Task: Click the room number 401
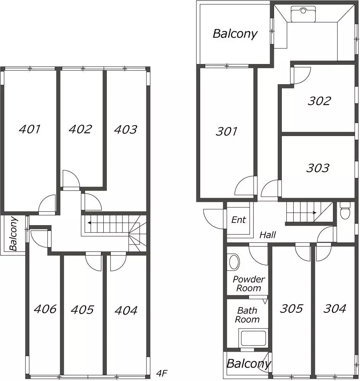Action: [x=30, y=129]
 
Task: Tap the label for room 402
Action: [x=80, y=129]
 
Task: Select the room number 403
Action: [x=125, y=130]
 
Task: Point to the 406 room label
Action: [x=45, y=309]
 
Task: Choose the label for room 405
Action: [x=82, y=310]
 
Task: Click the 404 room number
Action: [x=126, y=311]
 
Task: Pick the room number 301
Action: [x=227, y=131]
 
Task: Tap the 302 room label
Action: [x=319, y=101]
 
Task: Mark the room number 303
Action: [x=318, y=168]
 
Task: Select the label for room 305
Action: [x=291, y=309]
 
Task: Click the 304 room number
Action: [x=335, y=309]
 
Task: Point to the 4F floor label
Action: [x=162, y=373]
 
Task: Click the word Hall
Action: [x=268, y=235]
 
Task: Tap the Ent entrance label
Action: [x=238, y=220]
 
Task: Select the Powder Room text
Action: [x=249, y=284]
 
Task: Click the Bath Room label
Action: [x=247, y=315]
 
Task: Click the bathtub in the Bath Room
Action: [x=254, y=338]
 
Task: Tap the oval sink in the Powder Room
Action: [x=234, y=262]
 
